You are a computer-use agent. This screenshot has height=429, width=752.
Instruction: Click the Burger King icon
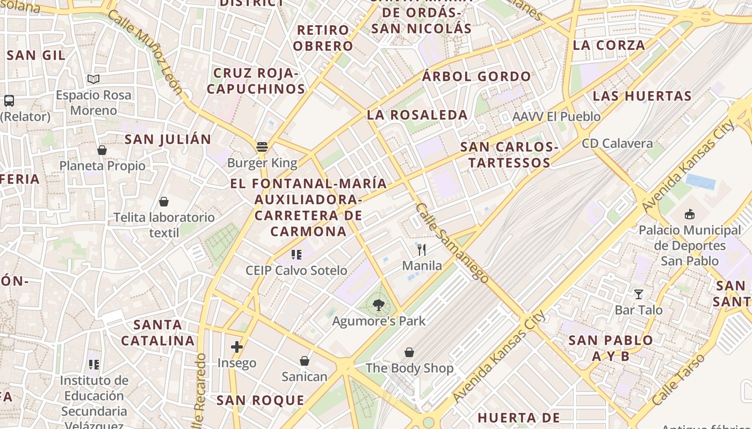coord(262,146)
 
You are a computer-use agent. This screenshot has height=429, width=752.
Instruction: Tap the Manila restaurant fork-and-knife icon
coord(422,250)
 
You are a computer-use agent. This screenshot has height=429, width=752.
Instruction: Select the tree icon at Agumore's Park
coord(379,305)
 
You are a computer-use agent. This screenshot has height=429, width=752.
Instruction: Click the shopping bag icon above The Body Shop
coord(409,352)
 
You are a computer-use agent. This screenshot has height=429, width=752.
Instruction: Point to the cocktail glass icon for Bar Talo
coord(639,294)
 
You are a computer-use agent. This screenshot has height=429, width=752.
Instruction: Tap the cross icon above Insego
coord(237,347)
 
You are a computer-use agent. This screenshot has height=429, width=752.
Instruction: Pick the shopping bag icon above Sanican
coord(305,361)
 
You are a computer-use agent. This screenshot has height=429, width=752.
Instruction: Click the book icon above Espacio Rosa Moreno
coord(93,79)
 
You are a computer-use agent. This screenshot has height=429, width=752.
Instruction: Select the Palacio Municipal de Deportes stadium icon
coord(690,214)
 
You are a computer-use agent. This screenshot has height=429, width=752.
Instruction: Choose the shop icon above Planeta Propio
coord(102,150)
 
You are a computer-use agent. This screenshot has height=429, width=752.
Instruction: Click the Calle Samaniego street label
coord(452,243)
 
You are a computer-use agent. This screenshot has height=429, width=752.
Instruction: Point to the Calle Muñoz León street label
coord(145,51)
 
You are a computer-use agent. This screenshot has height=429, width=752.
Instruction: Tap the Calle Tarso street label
coord(678,379)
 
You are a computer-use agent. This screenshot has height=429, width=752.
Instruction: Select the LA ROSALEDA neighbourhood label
coord(417,115)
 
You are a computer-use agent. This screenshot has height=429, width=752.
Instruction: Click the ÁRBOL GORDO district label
coord(476,77)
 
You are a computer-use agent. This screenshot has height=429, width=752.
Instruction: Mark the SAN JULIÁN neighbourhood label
coord(168,139)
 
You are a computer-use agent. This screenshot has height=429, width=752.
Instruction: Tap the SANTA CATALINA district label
coord(158,332)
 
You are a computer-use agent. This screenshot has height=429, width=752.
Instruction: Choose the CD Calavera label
coord(617,144)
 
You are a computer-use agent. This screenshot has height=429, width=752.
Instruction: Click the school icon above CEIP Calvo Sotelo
coord(296,255)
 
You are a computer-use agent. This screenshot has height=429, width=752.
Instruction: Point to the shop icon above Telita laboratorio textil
coord(164,202)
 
